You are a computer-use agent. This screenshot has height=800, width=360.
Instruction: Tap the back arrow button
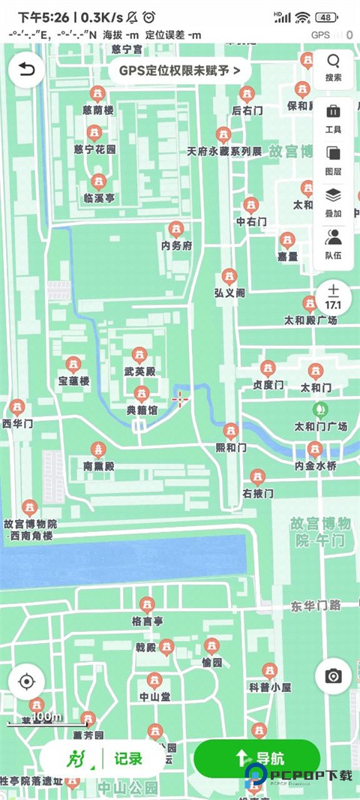(x=26, y=71)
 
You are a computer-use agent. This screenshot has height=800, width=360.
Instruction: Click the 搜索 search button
(x=333, y=68)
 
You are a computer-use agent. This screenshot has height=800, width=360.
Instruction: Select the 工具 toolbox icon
(x=333, y=119)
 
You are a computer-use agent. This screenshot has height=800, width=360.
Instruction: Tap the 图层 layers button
(x=333, y=161)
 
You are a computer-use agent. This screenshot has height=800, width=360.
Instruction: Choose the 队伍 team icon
(x=333, y=245)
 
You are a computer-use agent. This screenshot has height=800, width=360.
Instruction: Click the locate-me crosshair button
(x=26, y=681)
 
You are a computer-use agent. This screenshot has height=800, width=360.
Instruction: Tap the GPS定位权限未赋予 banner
(x=179, y=71)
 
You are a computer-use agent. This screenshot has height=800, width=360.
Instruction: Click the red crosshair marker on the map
(x=180, y=399)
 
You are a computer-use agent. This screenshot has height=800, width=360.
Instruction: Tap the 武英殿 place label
(x=139, y=371)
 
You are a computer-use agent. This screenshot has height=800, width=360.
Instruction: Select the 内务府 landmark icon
(x=176, y=229)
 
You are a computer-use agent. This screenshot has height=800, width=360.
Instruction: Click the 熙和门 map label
(x=230, y=447)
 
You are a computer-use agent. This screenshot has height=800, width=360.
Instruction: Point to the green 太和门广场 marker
(x=320, y=410)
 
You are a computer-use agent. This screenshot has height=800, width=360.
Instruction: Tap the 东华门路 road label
(x=316, y=605)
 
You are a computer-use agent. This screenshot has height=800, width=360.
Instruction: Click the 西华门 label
(x=17, y=424)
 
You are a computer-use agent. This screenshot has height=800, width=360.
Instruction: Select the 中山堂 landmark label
(x=154, y=696)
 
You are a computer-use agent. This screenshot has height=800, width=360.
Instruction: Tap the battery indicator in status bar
(x=325, y=17)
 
